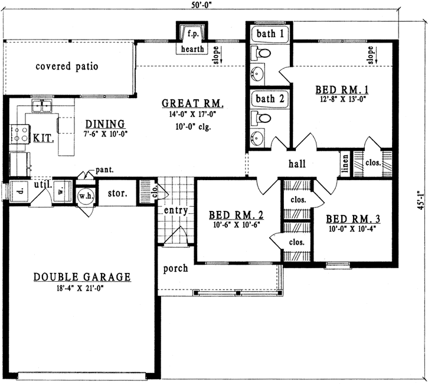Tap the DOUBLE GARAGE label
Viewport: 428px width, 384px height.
(x=81, y=276)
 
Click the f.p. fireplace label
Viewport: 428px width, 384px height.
(x=193, y=33)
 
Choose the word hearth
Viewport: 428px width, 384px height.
(x=193, y=49)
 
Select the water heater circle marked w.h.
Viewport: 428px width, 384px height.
(x=86, y=195)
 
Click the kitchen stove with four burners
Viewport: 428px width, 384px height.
(x=19, y=134)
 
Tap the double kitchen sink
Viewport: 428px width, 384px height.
(x=42, y=106)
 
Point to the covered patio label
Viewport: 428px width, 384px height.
(x=66, y=66)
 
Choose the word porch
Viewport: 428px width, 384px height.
(x=175, y=268)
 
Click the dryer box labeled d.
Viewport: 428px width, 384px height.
(x=19, y=191)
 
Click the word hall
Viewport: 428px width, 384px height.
(x=297, y=164)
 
